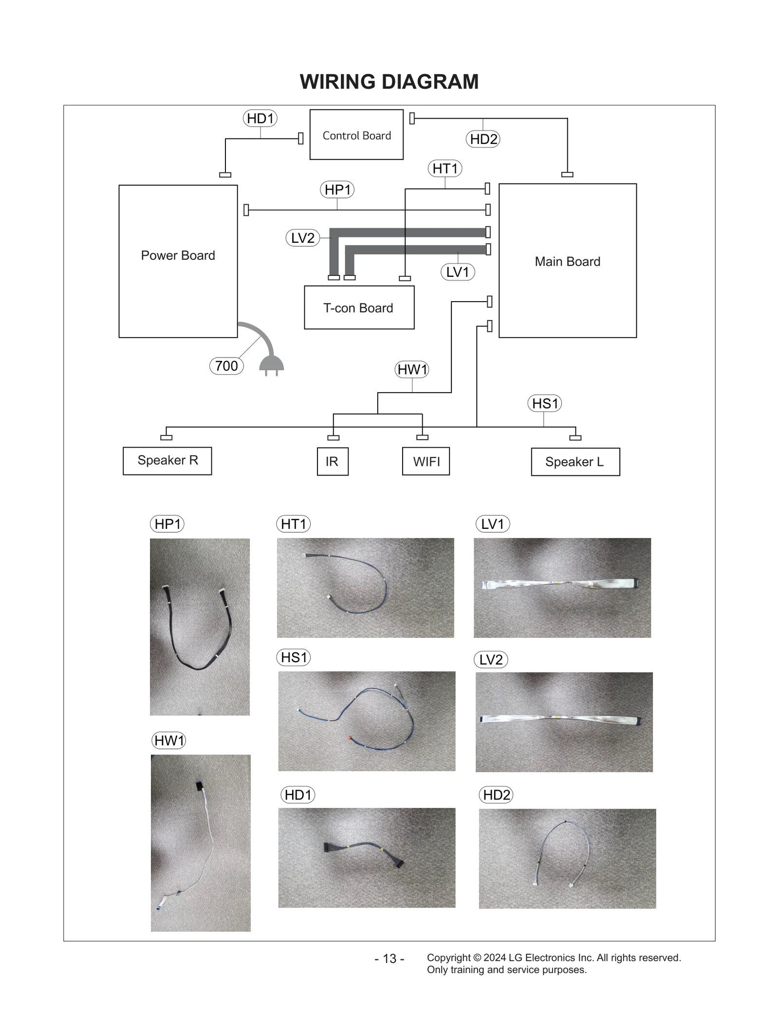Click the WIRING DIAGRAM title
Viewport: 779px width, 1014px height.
click(x=389, y=82)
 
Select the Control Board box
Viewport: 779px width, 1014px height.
click(x=356, y=135)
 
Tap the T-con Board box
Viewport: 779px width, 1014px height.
click(x=359, y=308)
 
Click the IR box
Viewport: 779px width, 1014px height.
click(x=333, y=461)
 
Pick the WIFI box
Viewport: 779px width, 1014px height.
click(x=426, y=461)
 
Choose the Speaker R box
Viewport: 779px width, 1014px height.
click(x=167, y=460)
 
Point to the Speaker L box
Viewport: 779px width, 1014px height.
click(x=575, y=462)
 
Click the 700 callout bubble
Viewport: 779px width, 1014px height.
click(x=226, y=366)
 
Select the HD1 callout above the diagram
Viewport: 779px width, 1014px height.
click(x=260, y=118)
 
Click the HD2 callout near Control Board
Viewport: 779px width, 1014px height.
click(x=483, y=139)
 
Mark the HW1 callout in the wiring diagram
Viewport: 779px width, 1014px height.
click(x=412, y=369)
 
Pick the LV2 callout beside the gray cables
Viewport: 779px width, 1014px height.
click(x=302, y=238)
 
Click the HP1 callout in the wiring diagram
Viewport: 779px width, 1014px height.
click(x=337, y=189)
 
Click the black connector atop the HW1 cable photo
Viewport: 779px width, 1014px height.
click(x=199, y=786)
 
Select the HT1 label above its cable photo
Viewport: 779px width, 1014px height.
click(x=293, y=524)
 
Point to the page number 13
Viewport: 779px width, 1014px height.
click(x=389, y=959)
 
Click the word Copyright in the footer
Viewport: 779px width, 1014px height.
click(x=448, y=958)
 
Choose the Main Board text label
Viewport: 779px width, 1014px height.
click(x=567, y=262)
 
